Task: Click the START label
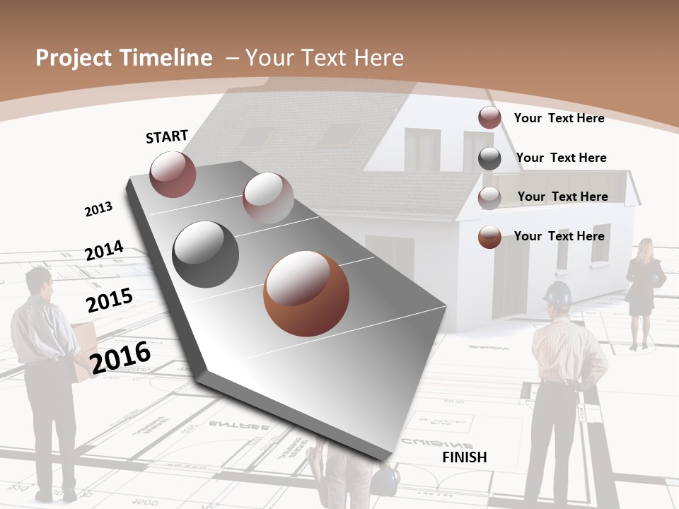[167, 136]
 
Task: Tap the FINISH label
[464, 457]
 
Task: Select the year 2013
[98, 209]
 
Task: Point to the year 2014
[104, 250]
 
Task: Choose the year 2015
[110, 300]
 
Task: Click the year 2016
[120, 357]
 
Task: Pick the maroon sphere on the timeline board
[173, 174]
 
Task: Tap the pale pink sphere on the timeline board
[267, 198]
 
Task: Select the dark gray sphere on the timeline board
[205, 255]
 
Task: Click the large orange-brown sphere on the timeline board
[306, 293]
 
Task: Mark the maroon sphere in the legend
[489, 118]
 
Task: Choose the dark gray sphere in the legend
[489, 158]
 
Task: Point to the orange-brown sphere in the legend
[489, 237]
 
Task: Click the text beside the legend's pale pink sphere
[562, 197]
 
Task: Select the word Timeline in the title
[167, 58]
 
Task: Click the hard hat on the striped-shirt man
[558, 293]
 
